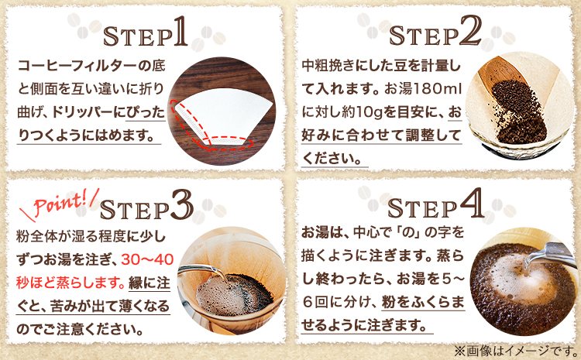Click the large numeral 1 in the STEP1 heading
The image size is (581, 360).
pyautogui.click(x=180, y=32)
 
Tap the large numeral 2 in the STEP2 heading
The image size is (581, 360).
pyautogui.click(x=470, y=31)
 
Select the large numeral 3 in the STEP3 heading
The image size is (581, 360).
pyautogui.click(x=182, y=205)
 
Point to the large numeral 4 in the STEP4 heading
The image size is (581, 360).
pyautogui.click(x=472, y=203)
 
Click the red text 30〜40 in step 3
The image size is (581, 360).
pyautogui.click(x=147, y=259)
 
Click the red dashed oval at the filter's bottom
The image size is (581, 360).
pyautogui.click(x=226, y=143)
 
